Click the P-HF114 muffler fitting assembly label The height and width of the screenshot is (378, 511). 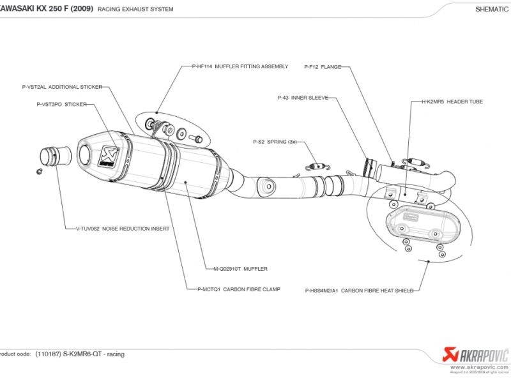pos(240,66)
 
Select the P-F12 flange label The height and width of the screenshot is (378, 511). pos(323,66)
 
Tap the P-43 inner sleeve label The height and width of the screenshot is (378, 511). pos(303,98)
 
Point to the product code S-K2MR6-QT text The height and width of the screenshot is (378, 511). pos(80,354)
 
